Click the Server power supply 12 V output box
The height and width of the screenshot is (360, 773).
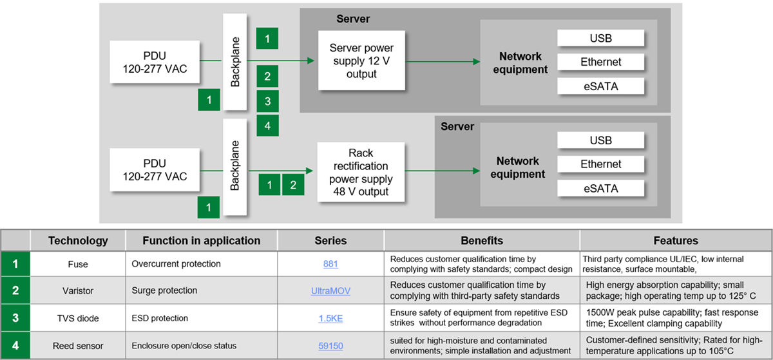coord(361,61)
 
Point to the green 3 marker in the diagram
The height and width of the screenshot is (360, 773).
coord(267,101)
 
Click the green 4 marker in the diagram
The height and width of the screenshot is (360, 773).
coord(267,125)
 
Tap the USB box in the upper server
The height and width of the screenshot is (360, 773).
coord(600,38)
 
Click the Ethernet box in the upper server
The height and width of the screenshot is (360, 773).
coord(600,62)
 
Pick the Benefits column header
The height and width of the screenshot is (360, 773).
coord(481,240)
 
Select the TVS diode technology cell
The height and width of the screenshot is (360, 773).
coord(79,317)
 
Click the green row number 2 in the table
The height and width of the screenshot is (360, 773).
coord(15,290)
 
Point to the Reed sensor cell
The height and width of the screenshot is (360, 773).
coord(79,345)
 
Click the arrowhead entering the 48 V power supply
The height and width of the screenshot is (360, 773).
coord(310,171)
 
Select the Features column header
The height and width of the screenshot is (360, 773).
coord(675,240)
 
